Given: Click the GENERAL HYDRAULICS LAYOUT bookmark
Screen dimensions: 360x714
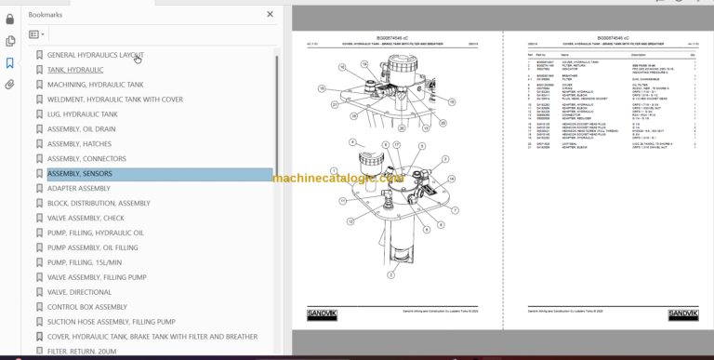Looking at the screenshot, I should coord(94,55).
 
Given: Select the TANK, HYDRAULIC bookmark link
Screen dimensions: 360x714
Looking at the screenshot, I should coord(75,70).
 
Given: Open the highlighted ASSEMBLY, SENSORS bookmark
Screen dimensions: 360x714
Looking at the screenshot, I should coord(79,174).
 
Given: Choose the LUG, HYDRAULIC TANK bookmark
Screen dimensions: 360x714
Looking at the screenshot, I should coord(82,113).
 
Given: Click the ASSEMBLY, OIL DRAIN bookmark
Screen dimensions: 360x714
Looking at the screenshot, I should coord(81,129).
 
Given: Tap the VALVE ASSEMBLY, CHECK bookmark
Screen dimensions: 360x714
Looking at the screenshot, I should coord(86,218).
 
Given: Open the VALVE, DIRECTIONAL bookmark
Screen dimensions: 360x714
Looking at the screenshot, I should coord(79,292).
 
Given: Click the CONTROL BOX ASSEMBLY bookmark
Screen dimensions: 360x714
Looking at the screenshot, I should coord(86,307).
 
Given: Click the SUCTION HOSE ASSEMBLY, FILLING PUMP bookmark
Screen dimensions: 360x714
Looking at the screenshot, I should coord(111,322).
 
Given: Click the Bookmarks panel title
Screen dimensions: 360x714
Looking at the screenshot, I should coord(46,16).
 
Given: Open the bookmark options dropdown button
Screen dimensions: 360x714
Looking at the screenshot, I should coord(36,34).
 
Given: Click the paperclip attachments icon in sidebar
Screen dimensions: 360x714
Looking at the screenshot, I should coord(10,84).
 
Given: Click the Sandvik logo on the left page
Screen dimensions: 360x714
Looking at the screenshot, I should coord(322,315).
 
